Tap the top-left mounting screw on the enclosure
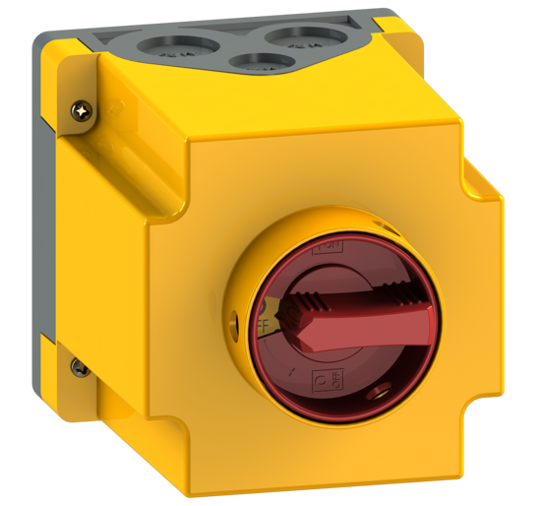tap(79, 112)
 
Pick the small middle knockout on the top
tap(262, 61)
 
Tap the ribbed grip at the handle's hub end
tap(305, 296)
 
